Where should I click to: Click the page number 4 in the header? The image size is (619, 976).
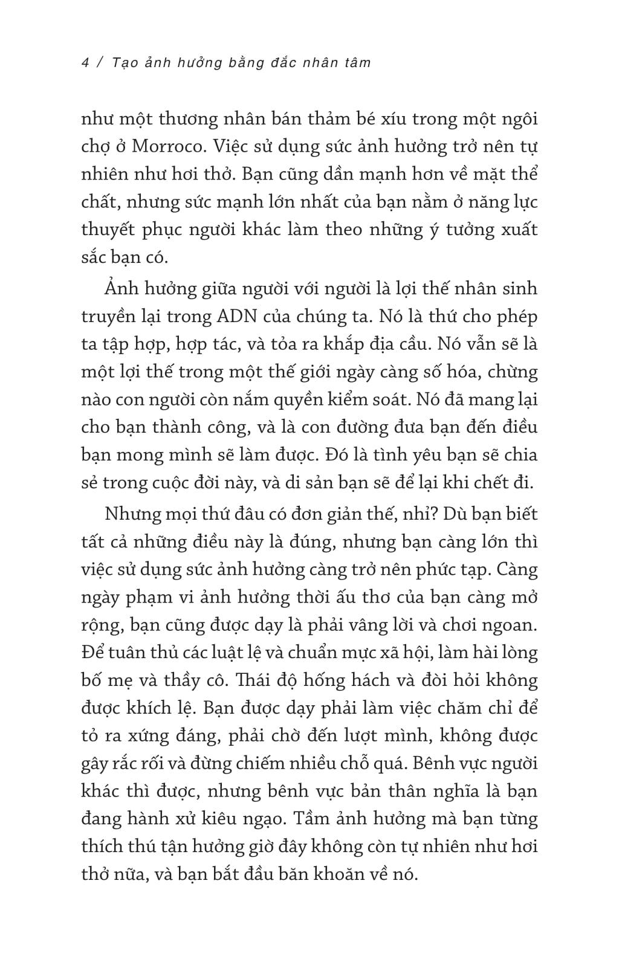(85, 63)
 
